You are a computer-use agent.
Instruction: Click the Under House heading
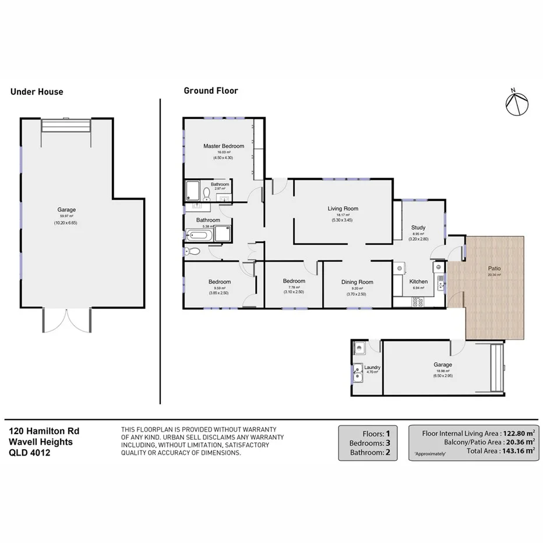(37, 91)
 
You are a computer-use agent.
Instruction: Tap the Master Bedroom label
(224, 146)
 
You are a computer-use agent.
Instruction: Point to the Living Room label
(343, 209)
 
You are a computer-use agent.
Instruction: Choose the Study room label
(418, 228)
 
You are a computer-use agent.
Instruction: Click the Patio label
(494, 269)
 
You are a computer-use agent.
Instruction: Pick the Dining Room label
(357, 282)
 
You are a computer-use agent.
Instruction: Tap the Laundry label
(372, 368)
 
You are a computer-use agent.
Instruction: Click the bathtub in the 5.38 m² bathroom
(199, 236)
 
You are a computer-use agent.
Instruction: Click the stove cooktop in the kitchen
(417, 302)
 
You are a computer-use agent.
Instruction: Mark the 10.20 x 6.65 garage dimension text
(66, 223)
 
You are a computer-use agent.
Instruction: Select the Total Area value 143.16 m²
(517, 450)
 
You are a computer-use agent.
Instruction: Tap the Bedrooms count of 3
(387, 443)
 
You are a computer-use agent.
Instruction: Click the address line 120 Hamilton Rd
(44, 432)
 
